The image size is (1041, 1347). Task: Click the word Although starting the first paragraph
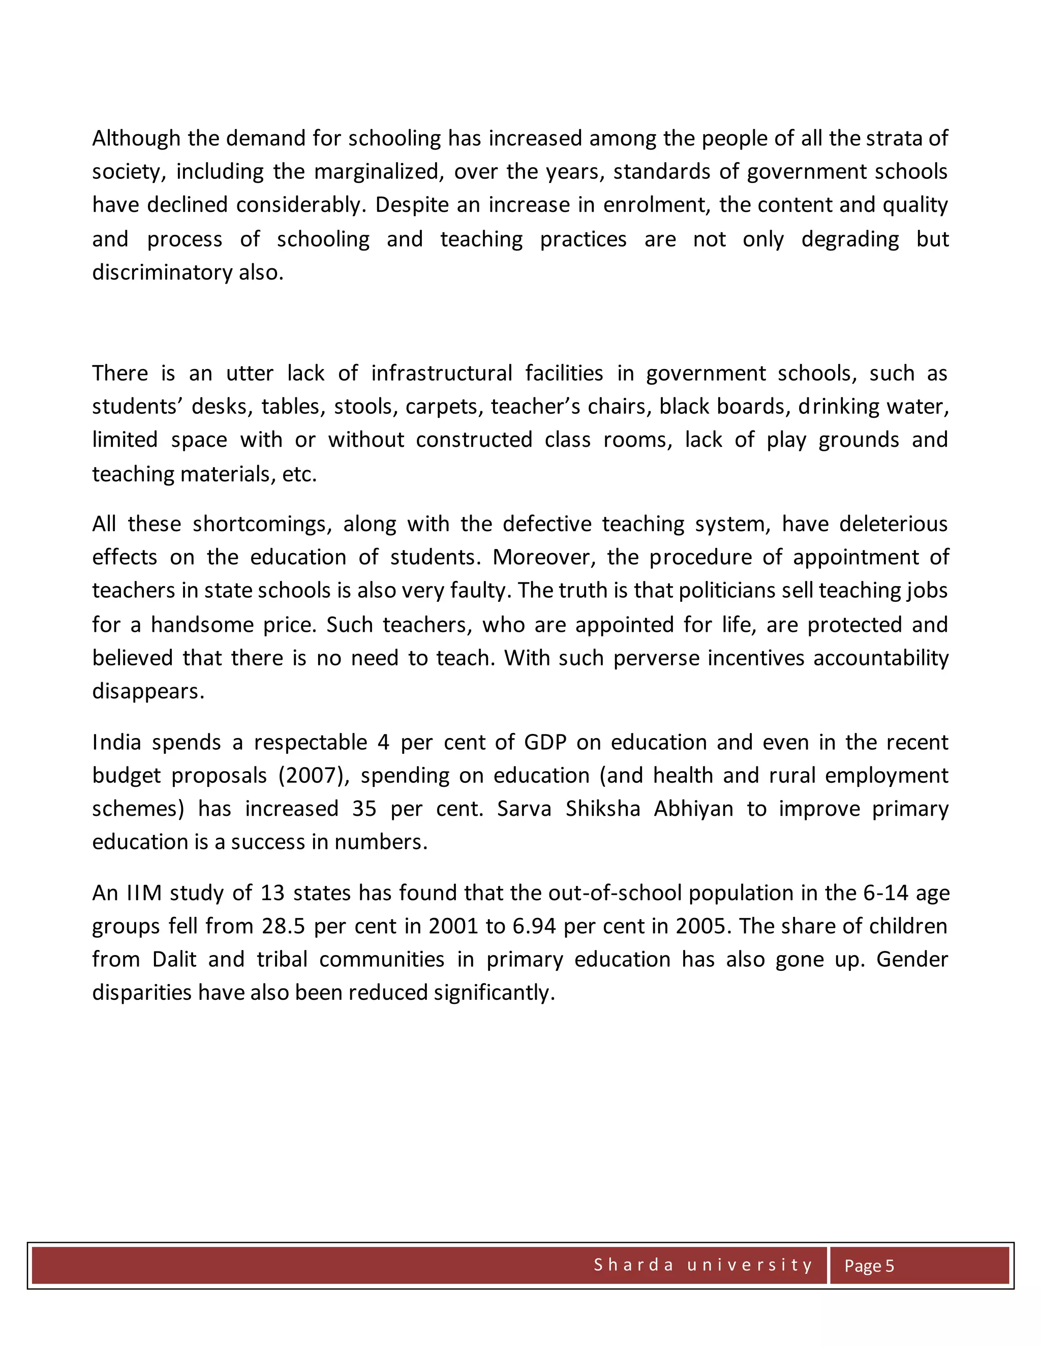tap(136, 138)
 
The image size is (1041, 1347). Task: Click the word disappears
tap(148, 691)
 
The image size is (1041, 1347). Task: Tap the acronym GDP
tap(545, 742)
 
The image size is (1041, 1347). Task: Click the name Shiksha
tap(602, 809)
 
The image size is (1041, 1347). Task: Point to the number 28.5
tap(284, 926)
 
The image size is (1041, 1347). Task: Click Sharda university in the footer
tap(703, 1265)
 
